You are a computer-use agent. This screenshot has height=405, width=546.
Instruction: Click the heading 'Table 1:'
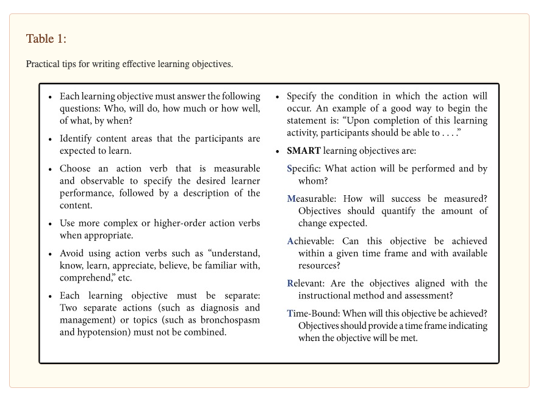click(x=46, y=39)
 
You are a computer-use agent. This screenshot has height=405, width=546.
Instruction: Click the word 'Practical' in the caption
click(x=43, y=64)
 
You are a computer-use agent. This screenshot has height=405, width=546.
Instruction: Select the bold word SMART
click(x=303, y=151)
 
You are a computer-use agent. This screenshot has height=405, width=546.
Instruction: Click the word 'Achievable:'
click(x=311, y=242)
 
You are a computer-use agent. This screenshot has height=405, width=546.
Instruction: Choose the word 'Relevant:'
click(x=307, y=284)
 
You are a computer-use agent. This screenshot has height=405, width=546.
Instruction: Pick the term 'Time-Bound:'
click(x=312, y=314)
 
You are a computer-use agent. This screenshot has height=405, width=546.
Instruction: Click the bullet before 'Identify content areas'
click(x=50, y=140)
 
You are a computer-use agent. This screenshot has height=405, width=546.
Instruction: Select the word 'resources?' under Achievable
click(x=319, y=266)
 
